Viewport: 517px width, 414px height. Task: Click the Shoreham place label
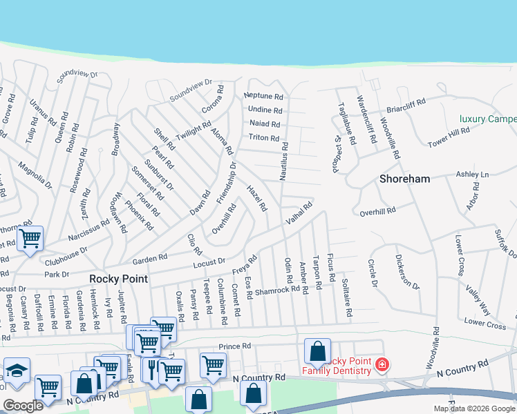[405, 179]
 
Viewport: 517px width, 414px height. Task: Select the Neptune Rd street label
[264, 97]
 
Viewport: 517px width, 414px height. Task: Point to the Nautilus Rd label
[283, 161]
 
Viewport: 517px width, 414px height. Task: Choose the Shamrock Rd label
[277, 290]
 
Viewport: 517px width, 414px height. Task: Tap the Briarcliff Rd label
[406, 106]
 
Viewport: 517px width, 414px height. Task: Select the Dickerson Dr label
[407, 273]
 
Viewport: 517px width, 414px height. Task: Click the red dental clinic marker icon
[382, 364]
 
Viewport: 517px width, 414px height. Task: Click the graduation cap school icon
[17, 371]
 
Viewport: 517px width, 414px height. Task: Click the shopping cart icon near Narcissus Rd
[30, 239]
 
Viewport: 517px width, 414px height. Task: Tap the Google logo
[23, 406]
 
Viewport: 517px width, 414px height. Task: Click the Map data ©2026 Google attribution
[474, 408]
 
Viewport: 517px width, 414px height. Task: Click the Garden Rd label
[150, 259]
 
